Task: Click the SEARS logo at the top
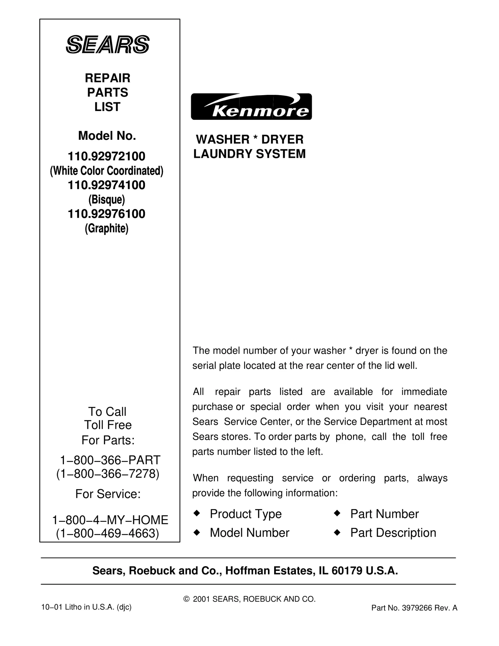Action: [x=108, y=44]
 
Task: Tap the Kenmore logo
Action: [x=251, y=107]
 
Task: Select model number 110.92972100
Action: [x=107, y=156]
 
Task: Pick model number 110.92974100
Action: [x=107, y=185]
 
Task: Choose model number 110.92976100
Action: [x=107, y=214]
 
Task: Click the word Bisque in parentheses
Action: [x=107, y=200]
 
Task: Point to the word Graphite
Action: [x=107, y=229]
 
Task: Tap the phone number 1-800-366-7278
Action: [x=108, y=474]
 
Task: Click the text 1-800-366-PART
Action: [x=110, y=460]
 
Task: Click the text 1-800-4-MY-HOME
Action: [x=110, y=520]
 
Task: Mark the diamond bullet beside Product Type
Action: [x=196, y=513]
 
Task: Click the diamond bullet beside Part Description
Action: [x=337, y=532]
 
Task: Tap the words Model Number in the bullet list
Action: [x=249, y=533]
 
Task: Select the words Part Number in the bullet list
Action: [x=384, y=514]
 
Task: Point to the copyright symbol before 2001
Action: [x=187, y=599]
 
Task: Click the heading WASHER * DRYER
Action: [x=249, y=139]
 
